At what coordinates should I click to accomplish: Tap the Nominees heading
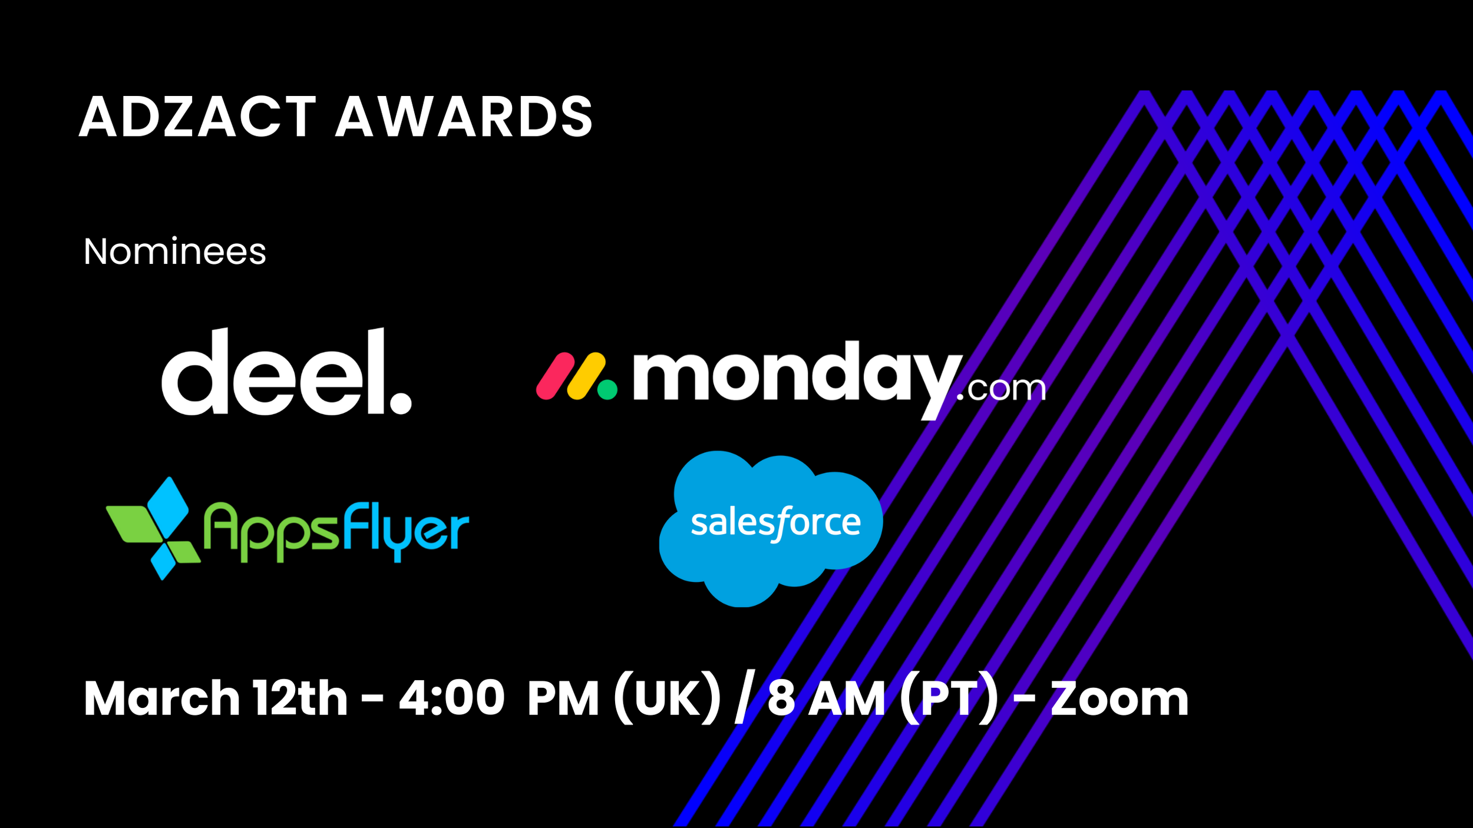pyautogui.click(x=174, y=252)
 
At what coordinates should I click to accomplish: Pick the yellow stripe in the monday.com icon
pyautogui.click(x=586, y=376)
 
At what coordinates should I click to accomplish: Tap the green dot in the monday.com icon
pyautogui.click(x=607, y=389)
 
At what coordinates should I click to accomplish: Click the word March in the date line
pyautogui.click(x=161, y=699)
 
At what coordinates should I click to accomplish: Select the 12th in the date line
pyautogui.click(x=300, y=699)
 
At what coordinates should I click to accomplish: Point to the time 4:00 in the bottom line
pyautogui.click(x=451, y=699)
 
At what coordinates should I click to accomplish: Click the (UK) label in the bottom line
pyautogui.click(x=666, y=699)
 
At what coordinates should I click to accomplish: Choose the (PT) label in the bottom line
pyautogui.click(x=949, y=699)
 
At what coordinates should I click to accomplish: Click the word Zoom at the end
pyautogui.click(x=1119, y=699)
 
